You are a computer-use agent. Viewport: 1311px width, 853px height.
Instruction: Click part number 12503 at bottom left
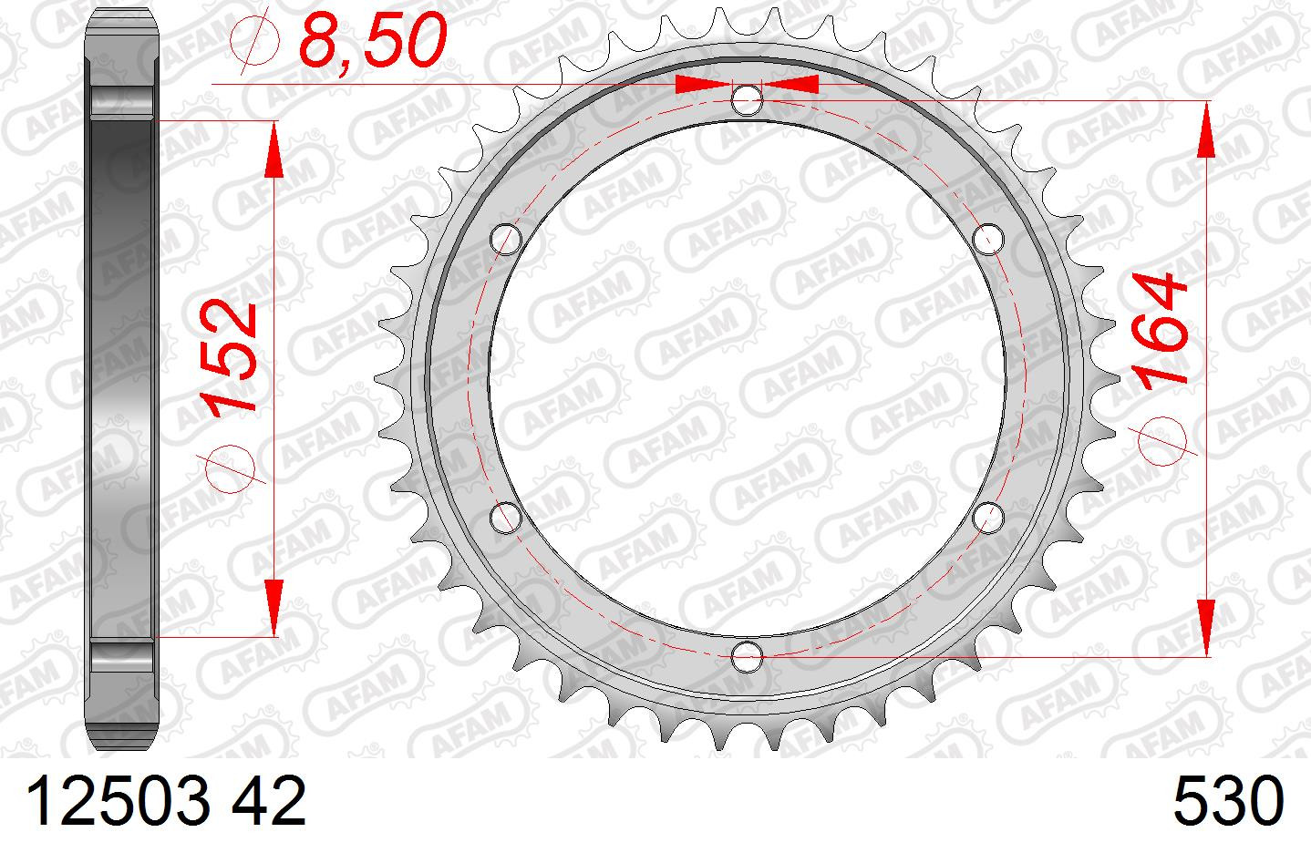tap(117, 801)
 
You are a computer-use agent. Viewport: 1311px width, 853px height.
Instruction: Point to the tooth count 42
tap(269, 801)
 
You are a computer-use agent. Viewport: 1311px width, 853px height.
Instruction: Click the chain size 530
tap(1228, 801)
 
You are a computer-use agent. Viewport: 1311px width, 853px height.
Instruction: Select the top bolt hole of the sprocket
tap(747, 99)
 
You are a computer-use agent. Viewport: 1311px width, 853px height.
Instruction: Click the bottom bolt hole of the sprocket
tap(747, 656)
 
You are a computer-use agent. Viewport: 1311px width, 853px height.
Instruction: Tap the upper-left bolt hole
tap(506, 239)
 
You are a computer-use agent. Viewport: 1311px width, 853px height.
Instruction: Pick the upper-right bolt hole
tap(988, 239)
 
